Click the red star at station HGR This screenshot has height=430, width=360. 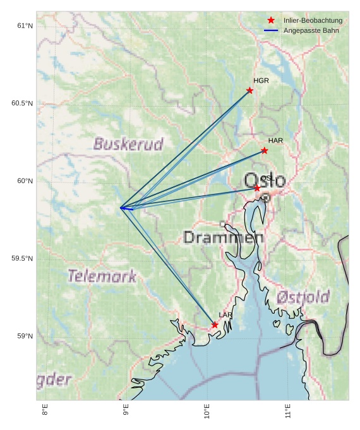(249, 90)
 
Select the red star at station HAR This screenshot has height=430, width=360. (264, 150)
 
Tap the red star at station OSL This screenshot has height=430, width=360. (257, 188)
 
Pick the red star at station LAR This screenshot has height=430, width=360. (215, 325)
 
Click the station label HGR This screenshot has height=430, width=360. (261, 81)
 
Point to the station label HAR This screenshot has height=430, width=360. (275, 141)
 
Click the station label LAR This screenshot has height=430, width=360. (225, 314)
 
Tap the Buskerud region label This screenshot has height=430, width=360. (128, 144)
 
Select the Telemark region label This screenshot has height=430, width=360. (102, 276)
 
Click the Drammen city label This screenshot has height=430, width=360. (223, 237)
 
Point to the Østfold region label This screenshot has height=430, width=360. (303, 297)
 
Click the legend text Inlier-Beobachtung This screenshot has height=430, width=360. (313, 20)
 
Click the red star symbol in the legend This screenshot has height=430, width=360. (271, 20)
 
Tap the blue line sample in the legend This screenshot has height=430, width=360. (271, 30)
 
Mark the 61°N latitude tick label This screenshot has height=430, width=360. (25, 26)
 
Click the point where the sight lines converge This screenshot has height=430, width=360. (121, 207)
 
